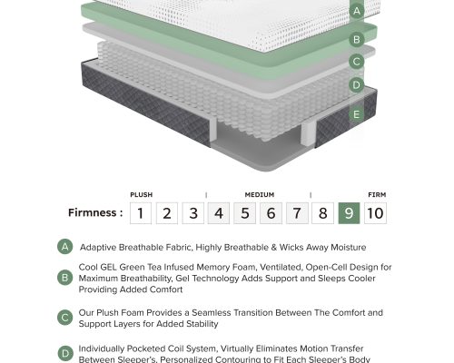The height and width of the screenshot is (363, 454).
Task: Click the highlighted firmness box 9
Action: click(349, 213)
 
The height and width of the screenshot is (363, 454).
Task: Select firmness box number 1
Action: click(141, 213)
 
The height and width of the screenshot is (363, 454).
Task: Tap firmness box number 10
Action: click(375, 213)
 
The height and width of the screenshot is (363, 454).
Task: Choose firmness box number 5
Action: click(245, 213)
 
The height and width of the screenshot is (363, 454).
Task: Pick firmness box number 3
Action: click(193, 213)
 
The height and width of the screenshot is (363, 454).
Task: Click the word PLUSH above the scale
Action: click(142, 195)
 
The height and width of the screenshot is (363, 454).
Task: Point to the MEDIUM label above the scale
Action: click(260, 195)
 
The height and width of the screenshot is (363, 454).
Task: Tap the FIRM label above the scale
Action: click(377, 195)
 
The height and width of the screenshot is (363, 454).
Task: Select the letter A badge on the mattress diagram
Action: click(357, 11)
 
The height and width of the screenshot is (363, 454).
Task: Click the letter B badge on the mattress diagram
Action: click(357, 39)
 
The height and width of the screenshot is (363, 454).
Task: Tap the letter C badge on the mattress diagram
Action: click(357, 62)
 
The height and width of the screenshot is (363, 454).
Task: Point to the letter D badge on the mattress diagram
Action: click(357, 84)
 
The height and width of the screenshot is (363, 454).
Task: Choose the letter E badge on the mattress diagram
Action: click(357, 114)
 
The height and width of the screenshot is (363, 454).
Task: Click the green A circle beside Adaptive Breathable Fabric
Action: click(65, 247)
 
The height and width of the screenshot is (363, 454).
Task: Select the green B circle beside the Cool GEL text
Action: click(65, 278)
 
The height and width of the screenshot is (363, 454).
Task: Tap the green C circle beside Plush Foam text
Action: click(65, 318)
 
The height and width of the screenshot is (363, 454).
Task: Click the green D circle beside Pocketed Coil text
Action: click(65, 353)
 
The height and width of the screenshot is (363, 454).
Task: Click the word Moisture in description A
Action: click(349, 248)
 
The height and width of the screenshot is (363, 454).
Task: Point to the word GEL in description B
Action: click(108, 268)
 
